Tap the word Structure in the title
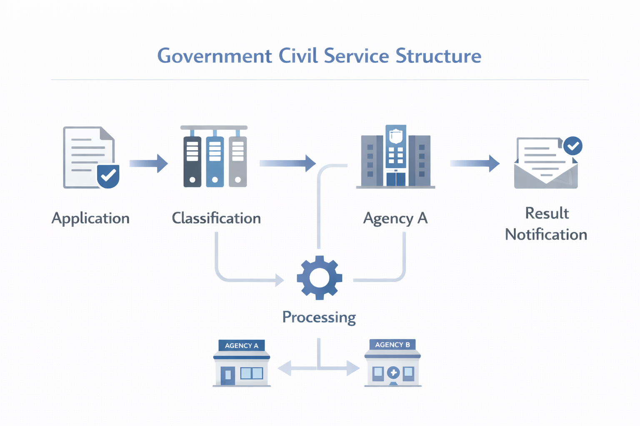pyautogui.click(x=438, y=56)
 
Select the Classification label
pyautogui.click(x=216, y=218)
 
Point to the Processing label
pyautogui.click(x=319, y=317)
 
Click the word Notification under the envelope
pyautogui.click(x=546, y=235)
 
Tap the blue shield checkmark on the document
pyautogui.click(x=108, y=176)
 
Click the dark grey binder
pyautogui.click(x=192, y=161)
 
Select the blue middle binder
pyautogui.click(x=215, y=161)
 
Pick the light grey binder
pyautogui.click(x=238, y=161)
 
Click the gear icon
pyautogui.click(x=320, y=277)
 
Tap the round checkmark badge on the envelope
pyautogui.click(x=573, y=146)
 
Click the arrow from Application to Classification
pyautogui.click(x=149, y=163)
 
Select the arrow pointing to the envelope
pyautogui.click(x=475, y=163)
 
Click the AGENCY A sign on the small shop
pyautogui.click(x=242, y=346)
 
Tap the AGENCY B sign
pyautogui.click(x=392, y=345)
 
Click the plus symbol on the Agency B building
pyautogui.click(x=393, y=372)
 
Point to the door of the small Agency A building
pyautogui.click(x=228, y=375)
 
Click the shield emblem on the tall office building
pyautogui.click(x=396, y=136)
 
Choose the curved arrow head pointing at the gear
pyautogui.click(x=280, y=280)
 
